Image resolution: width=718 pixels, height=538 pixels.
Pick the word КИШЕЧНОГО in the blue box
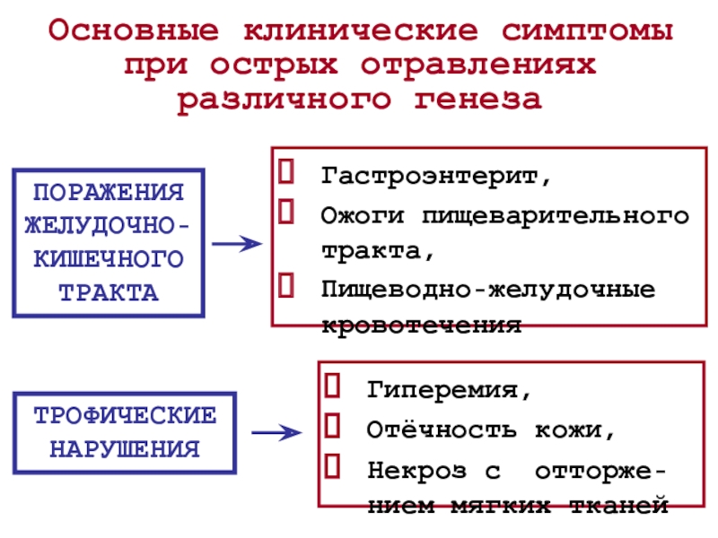108,260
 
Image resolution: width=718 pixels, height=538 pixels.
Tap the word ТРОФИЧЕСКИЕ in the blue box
125,416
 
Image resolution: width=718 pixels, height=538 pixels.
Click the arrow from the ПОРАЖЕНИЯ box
236,243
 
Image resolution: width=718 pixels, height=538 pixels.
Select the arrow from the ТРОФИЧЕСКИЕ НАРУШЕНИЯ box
276,434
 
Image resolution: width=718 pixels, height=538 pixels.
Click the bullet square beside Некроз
331,465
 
